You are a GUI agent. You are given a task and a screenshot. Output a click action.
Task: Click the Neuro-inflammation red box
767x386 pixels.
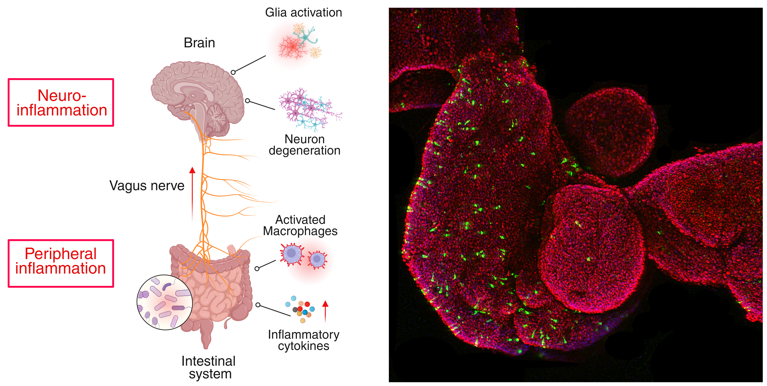click(61, 102)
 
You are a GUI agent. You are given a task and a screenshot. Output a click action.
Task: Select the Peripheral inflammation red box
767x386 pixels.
click(61, 263)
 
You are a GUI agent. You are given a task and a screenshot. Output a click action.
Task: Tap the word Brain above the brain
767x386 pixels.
click(199, 43)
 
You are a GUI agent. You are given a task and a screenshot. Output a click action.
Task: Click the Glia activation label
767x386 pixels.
click(303, 12)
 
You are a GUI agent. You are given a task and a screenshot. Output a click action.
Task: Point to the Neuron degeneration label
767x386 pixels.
click(304, 145)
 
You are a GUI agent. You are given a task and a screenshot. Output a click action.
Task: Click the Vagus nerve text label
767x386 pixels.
click(147, 186)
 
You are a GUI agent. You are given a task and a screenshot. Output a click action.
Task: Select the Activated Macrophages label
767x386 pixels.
click(300, 225)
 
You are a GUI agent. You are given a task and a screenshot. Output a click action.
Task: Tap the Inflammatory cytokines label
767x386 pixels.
click(303, 340)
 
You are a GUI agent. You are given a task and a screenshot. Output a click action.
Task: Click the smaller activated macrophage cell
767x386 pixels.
click(317, 259)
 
